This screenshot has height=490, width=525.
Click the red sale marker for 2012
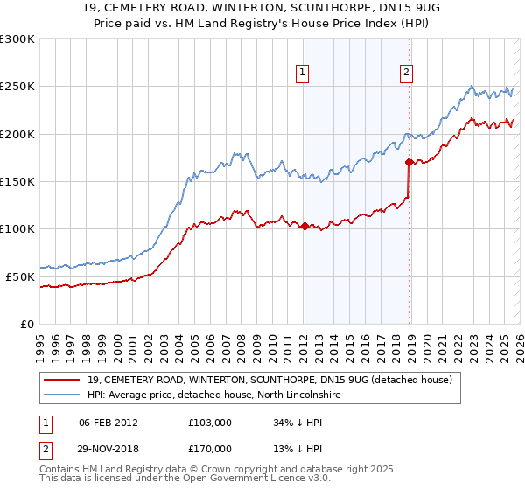[x=304, y=227]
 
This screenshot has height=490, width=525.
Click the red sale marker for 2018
[x=409, y=162]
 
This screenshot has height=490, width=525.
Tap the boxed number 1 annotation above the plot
[x=302, y=73]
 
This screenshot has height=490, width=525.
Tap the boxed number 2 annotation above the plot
[x=407, y=73]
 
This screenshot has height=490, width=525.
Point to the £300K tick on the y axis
[x=17, y=39]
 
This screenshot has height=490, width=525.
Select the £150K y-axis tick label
[x=17, y=181]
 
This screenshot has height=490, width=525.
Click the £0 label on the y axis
[x=26, y=324]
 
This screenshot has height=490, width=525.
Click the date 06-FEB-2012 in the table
[x=108, y=423]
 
